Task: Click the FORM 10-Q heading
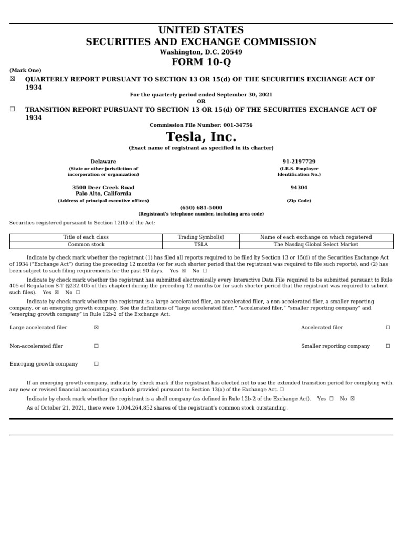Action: (x=201, y=62)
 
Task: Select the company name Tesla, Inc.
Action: (x=201, y=137)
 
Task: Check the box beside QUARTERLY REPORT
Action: (x=13, y=79)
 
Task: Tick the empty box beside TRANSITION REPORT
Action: (x=13, y=109)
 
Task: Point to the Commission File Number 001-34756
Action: (x=201, y=125)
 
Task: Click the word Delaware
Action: (x=103, y=162)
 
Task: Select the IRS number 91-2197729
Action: (x=299, y=162)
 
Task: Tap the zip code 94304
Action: (x=299, y=187)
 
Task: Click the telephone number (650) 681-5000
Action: (x=201, y=208)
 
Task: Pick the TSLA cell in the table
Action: (x=201, y=244)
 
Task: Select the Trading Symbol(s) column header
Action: (x=201, y=237)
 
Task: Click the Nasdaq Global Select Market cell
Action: (x=316, y=244)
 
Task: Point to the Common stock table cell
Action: (x=86, y=244)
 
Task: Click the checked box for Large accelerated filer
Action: (x=96, y=328)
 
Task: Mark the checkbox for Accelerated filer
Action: (x=388, y=328)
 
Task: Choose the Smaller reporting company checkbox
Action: (x=388, y=346)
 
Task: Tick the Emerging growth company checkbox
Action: (x=96, y=364)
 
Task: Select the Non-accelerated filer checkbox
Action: (x=96, y=346)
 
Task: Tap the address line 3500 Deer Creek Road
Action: (x=103, y=187)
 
